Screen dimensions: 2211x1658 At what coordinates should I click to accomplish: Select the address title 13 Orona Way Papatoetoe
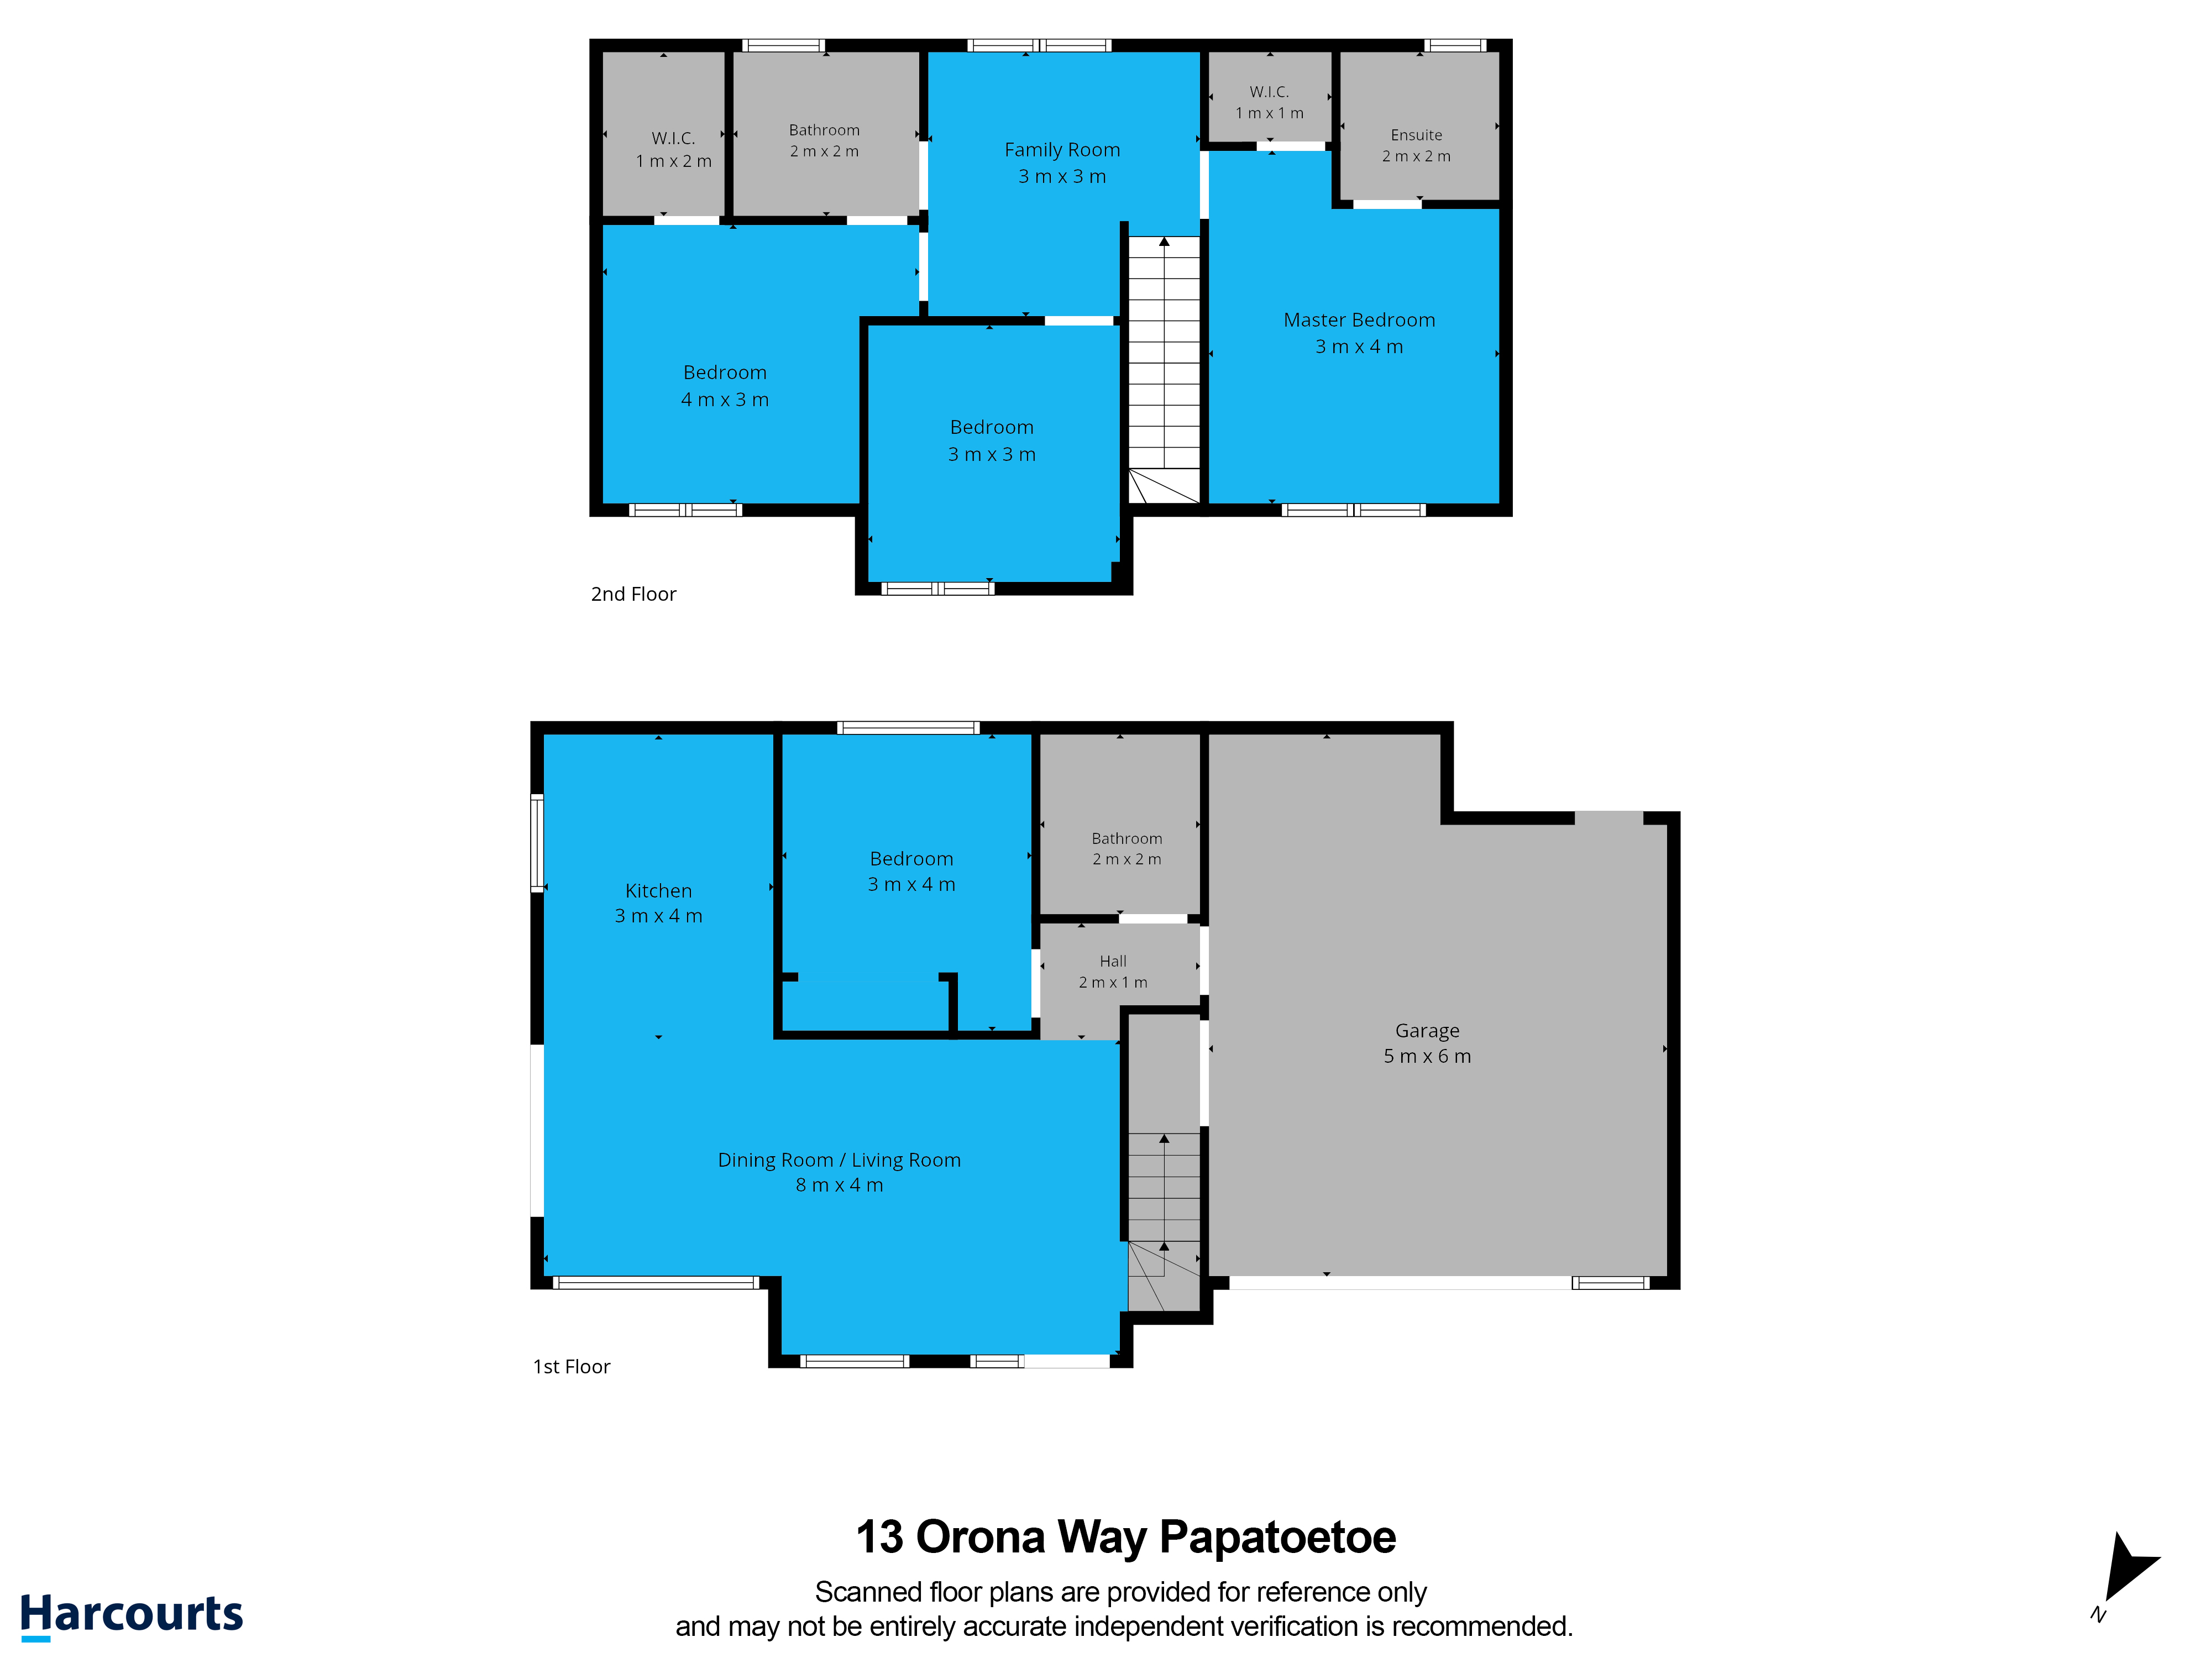pyautogui.click(x=1125, y=1537)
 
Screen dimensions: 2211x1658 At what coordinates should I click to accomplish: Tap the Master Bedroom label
pyautogui.click(x=1359, y=320)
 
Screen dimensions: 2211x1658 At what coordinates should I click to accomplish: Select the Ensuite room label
pyautogui.click(x=1416, y=135)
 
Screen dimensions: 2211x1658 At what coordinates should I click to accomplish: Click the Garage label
pyautogui.click(x=1427, y=1031)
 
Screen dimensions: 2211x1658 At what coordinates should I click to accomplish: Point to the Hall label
pyautogui.click(x=1113, y=962)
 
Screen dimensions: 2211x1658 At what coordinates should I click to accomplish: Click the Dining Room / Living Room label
pyautogui.click(x=840, y=1160)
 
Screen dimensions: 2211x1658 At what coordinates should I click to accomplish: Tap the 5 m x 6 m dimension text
pyautogui.click(x=1427, y=1056)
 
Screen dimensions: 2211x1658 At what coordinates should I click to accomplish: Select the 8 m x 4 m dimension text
pyautogui.click(x=840, y=1185)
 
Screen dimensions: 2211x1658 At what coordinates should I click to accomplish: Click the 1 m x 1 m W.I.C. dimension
pyautogui.click(x=1270, y=113)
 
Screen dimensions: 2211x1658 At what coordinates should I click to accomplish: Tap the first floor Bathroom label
pyautogui.click(x=1127, y=838)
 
